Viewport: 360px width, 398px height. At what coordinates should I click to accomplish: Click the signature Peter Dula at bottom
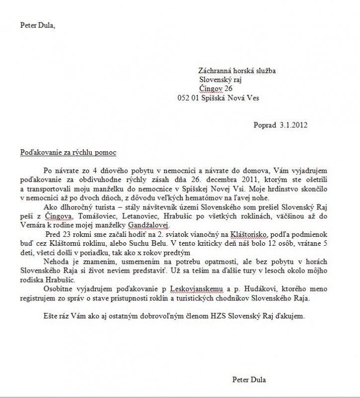(x=249, y=380)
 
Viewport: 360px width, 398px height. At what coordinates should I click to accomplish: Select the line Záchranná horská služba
(x=237, y=71)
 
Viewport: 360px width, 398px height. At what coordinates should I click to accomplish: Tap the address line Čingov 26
(x=216, y=89)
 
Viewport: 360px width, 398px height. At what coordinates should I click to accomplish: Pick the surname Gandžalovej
(x=148, y=224)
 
